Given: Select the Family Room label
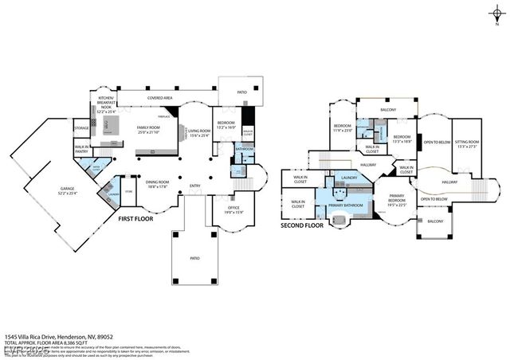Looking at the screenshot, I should point(148,130).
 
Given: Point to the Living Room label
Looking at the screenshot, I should point(200,133).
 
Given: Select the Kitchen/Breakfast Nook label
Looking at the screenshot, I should point(107,107).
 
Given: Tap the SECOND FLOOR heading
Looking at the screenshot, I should point(302,225).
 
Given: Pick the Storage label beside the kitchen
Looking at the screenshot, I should point(80,127).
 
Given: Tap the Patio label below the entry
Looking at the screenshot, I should point(195,257).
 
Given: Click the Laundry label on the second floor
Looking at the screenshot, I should point(348,178).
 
